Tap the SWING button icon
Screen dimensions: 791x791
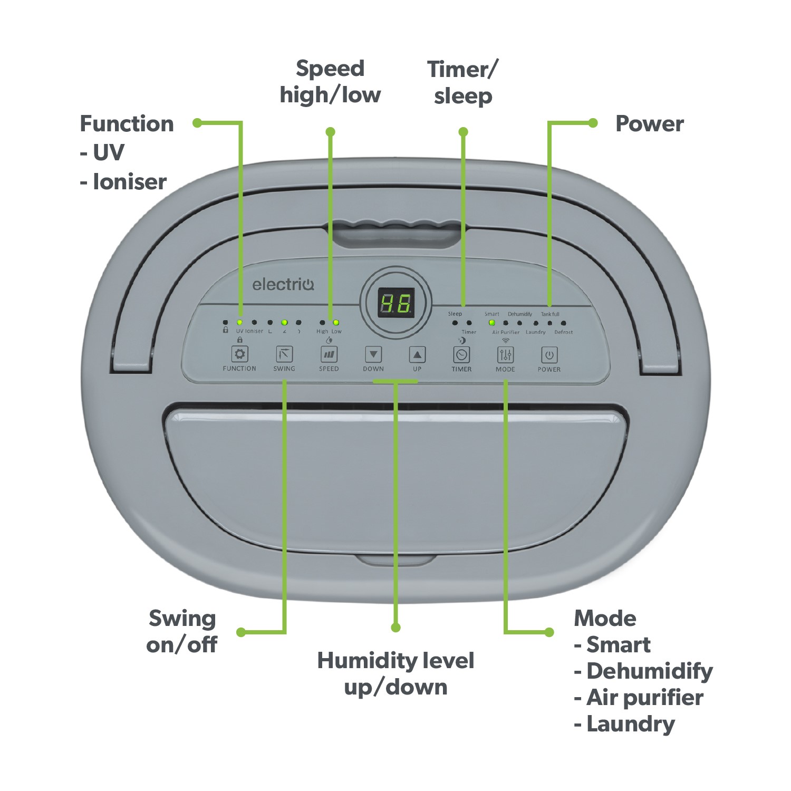284,354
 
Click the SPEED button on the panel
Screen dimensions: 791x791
329,354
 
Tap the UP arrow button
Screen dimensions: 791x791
417,354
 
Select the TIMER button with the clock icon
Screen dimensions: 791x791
461,355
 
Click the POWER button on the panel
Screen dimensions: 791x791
549,355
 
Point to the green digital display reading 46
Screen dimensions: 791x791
396,303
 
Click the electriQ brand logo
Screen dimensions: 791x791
283,285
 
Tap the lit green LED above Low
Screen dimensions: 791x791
336,322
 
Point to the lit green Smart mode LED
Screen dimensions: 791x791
491,323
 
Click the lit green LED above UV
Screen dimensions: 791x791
239,322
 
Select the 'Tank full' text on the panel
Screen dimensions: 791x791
550,314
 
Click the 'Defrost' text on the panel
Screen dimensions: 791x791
563,332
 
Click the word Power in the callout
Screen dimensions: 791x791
649,124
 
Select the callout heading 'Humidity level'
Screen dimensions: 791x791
395,661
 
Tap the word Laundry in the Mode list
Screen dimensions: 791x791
631,724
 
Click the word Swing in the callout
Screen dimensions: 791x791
182,619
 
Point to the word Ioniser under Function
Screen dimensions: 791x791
130,182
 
